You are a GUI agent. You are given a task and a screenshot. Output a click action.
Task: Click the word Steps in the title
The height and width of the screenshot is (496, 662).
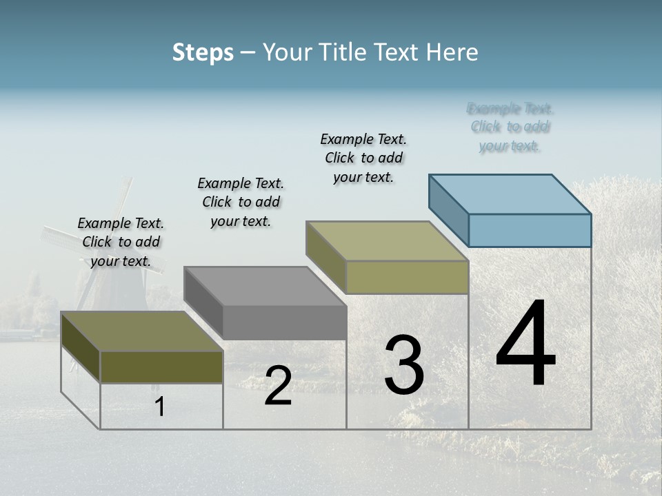pos(202,52)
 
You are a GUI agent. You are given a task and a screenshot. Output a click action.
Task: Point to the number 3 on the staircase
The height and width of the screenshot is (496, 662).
pos(403,365)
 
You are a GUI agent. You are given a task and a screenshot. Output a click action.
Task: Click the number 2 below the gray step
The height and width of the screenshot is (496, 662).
pos(278,386)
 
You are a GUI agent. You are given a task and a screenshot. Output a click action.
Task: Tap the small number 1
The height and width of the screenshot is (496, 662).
pos(159,407)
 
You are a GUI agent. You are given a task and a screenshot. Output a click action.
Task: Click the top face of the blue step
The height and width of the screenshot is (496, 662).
pos(510,194)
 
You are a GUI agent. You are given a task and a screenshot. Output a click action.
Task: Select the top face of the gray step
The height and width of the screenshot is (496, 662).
pos(265,286)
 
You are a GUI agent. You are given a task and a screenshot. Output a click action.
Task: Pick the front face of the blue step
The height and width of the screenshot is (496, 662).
pos(530,230)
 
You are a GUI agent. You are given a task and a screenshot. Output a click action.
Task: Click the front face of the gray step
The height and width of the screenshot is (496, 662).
pos(284,322)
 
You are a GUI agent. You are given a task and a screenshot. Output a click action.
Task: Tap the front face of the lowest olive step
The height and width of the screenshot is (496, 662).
pos(161,367)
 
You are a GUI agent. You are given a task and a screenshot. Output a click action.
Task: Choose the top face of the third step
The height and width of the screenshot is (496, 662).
pos(388,241)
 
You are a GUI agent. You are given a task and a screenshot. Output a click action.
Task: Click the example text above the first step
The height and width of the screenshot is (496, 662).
pos(121,242)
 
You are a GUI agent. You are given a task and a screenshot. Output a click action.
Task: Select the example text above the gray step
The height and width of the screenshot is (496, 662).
pos(241,202)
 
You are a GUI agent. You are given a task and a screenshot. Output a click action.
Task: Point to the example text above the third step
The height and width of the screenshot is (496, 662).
pos(363,158)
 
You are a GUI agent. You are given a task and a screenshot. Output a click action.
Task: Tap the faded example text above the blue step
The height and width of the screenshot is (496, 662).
pos(510,127)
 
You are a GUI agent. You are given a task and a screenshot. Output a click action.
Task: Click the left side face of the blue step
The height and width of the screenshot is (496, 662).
pos(449,210)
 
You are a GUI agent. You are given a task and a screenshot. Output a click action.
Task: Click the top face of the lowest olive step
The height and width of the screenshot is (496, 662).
pos(142,331)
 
